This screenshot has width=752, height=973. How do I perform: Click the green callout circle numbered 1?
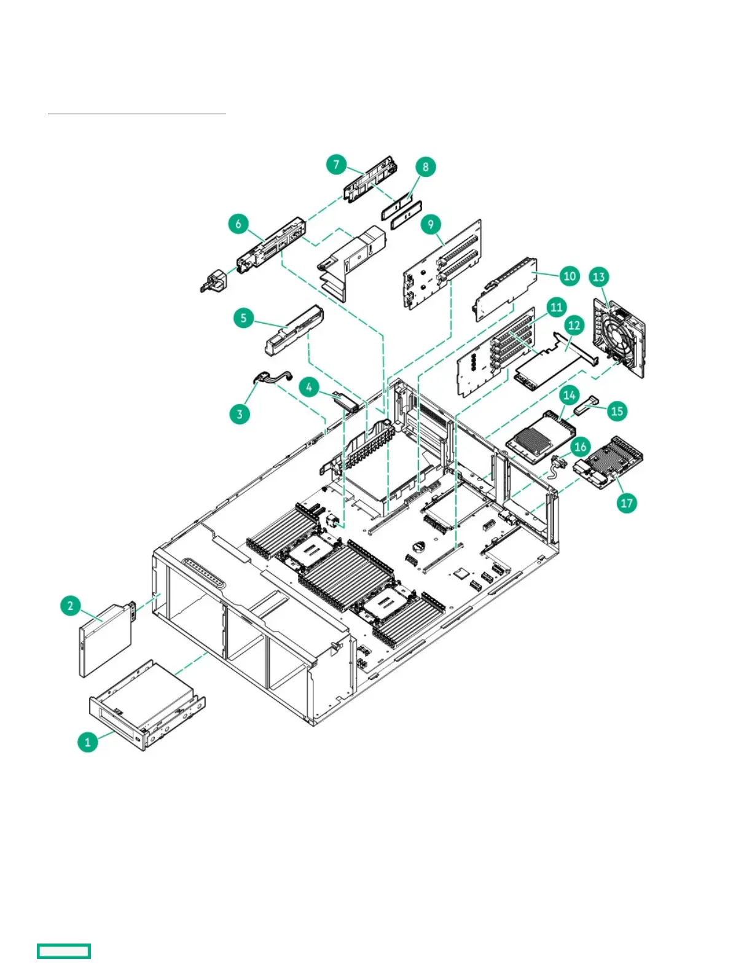tap(87, 741)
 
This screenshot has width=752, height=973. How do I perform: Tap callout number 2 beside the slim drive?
tap(70, 606)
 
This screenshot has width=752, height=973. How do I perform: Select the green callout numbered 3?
tap(240, 413)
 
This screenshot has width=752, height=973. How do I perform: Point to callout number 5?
tap(243, 318)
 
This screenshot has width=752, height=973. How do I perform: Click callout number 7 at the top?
tap(336, 165)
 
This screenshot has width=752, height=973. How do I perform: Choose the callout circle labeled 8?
tap(425, 166)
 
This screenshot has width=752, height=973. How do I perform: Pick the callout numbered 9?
tap(430, 224)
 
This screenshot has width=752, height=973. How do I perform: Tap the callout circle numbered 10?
tap(570, 276)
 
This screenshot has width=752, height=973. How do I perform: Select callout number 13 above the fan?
tap(598, 276)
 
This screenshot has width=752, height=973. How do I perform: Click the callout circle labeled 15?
tap(617, 410)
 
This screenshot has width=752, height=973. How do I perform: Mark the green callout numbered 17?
tap(626, 503)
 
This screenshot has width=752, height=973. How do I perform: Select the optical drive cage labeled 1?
tap(147, 706)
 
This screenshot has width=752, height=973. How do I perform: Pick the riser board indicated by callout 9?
tap(442, 264)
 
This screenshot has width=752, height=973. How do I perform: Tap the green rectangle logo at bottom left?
tap(64, 951)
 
